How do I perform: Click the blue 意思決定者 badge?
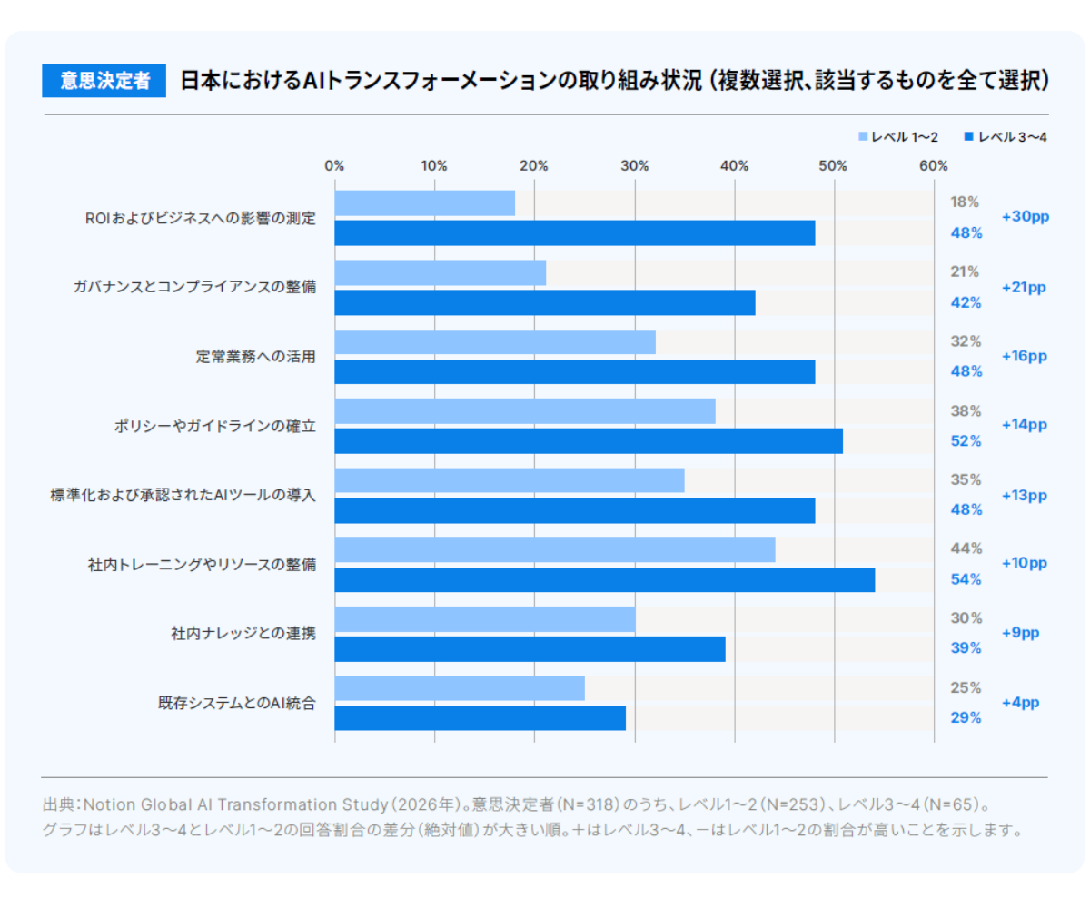(x=104, y=81)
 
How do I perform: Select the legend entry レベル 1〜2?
(x=898, y=137)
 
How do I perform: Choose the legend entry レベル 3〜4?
(x=1006, y=137)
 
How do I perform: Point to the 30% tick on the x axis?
(x=634, y=166)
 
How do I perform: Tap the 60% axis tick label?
(x=934, y=166)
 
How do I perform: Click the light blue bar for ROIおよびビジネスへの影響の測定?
(x=425, y=203)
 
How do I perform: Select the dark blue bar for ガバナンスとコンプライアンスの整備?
(x=545, y=302)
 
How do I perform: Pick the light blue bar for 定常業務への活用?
(x=495, y=341)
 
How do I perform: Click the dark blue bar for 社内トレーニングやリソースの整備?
(x=605, y=580)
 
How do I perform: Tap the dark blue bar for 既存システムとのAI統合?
(x=481, y=718)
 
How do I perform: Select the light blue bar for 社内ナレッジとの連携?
(x=485, y=619)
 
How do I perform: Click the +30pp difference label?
(x=1026, y=217)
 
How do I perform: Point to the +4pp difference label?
(x=1021, y=703)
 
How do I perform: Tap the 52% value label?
(x=966, y=441)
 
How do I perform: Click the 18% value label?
(x=964, y=202)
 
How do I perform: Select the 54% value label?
(x=966, y=579)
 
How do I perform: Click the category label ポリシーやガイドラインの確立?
(x=215, y=427)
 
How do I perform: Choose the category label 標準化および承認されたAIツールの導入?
(x=183, y=495)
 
